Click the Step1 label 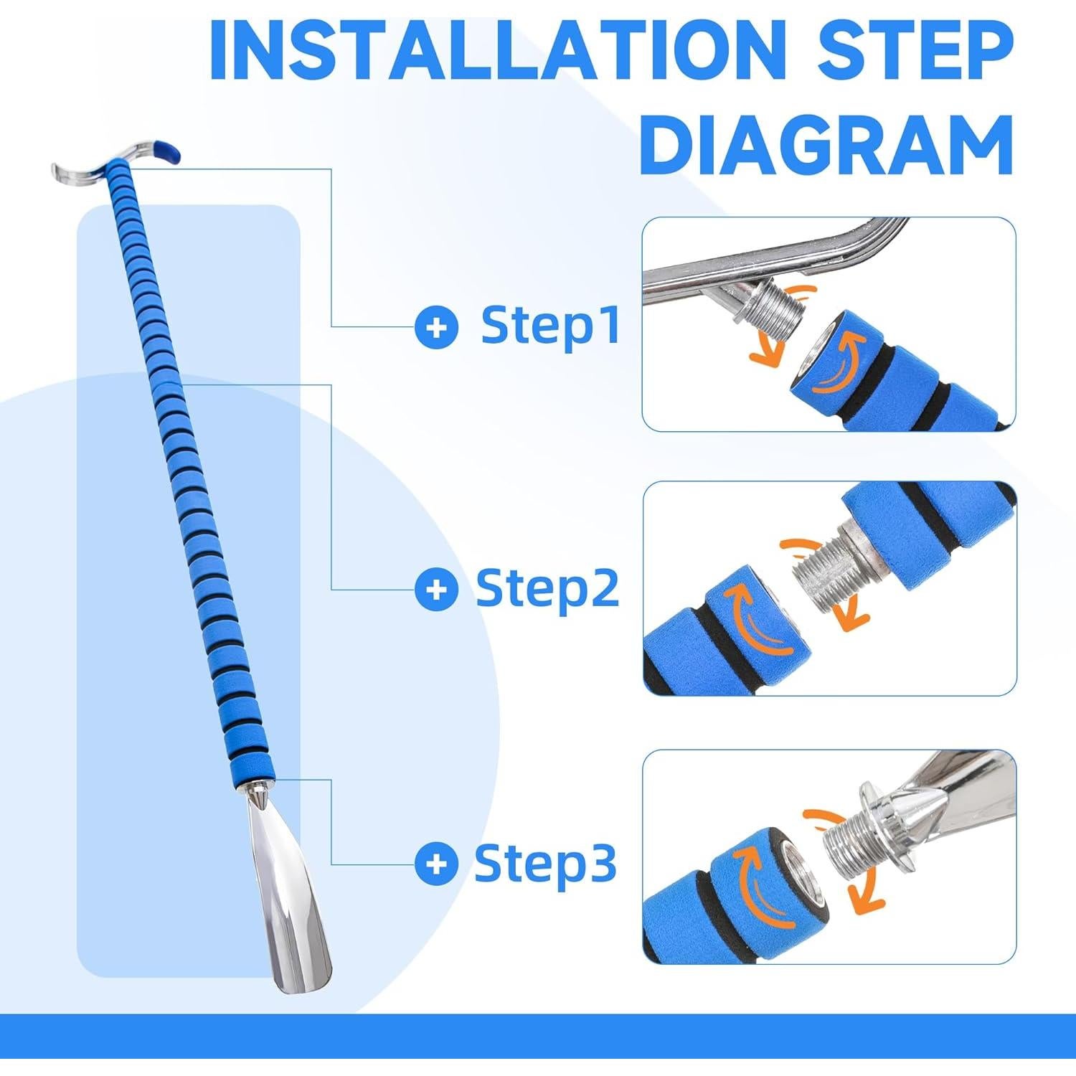point(550,326)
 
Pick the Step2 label point(547,589)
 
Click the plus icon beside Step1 point(436,328)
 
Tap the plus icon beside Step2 point(436,590)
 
